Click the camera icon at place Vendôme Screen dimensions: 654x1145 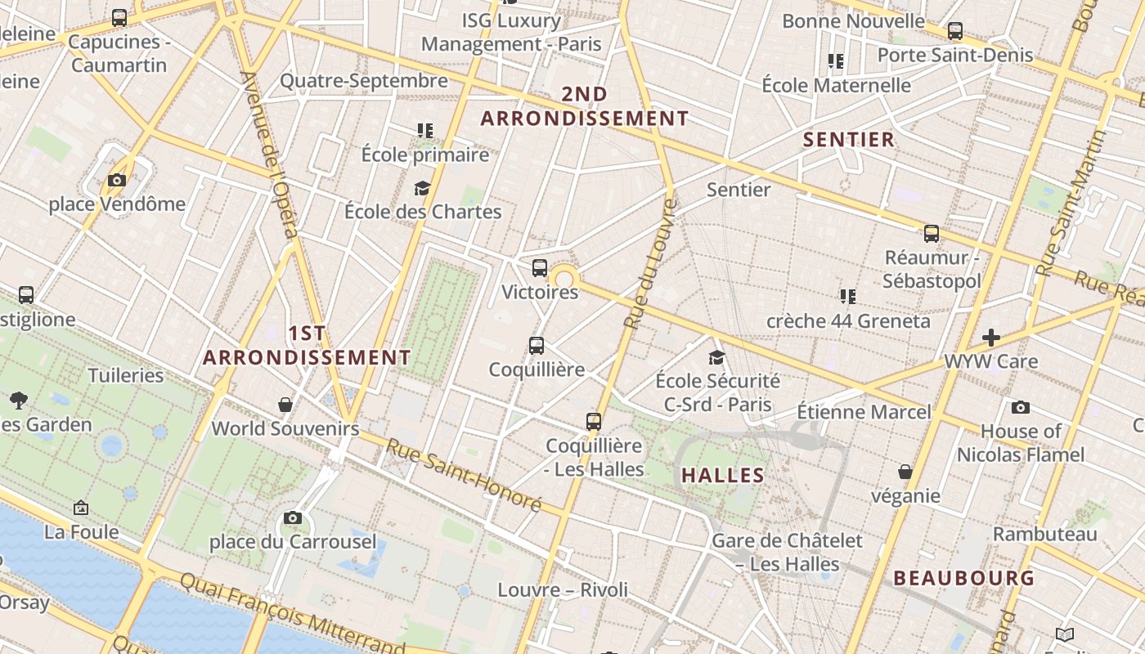[117, 180]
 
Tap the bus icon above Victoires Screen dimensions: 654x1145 [540, 267]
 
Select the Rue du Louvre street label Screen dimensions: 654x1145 [651, 263]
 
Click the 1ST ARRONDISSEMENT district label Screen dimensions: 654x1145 [307, 345]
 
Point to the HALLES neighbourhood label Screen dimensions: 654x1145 [723, 475]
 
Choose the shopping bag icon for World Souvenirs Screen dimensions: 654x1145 [285, 405]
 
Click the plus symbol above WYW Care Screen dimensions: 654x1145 [991, 337]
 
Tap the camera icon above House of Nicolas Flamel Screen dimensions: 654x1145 [1020, 407]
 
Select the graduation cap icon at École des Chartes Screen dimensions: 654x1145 [422, 188]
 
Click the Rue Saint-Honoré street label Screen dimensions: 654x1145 [464, 475]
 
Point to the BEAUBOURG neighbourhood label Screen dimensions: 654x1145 [964, 578]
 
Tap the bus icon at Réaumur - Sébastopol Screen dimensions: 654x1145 [932, 234]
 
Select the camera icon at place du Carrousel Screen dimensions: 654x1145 [293, 517]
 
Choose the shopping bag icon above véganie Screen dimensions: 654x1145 [905, 472]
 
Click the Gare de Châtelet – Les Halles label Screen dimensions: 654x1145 [787, 552]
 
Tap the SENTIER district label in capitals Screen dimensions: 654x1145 [849, 139]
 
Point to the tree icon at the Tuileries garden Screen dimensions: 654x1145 [19, 401]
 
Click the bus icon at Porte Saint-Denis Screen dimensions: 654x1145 [955, 31]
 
